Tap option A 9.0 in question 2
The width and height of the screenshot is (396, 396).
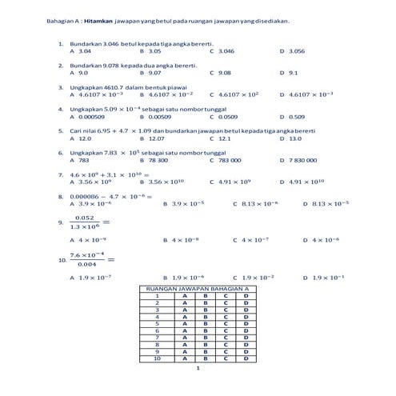tap(78, 72)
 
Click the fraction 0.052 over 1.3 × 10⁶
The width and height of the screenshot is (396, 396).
tap(83, 222)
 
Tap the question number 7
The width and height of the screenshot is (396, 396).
tap(61, 174)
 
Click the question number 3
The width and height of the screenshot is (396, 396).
tap(61, 86)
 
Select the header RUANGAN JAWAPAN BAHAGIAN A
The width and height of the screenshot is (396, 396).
tap(197, 287)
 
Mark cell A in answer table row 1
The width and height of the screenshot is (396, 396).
tap(185, 295)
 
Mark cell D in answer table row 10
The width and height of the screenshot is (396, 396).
tap(246, 358)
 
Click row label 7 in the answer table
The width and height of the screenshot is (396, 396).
tap(157, 338)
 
